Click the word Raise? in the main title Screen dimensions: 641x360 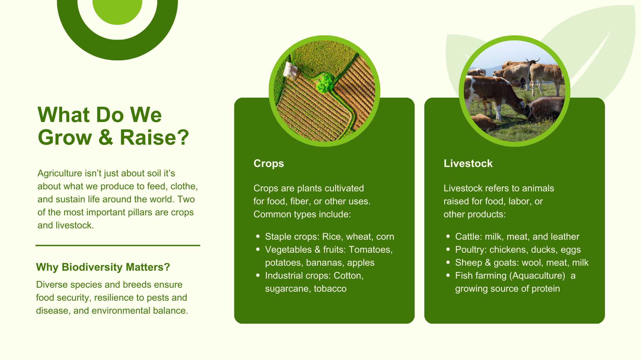154,137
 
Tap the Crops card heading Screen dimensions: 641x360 269,163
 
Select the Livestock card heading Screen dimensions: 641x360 468,163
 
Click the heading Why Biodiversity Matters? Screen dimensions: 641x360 103,267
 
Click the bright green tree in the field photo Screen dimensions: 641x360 325,83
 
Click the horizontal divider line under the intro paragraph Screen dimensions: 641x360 118,245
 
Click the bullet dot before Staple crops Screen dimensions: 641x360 258,236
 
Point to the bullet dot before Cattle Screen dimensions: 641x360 448,236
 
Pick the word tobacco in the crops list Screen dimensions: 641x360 330,289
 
